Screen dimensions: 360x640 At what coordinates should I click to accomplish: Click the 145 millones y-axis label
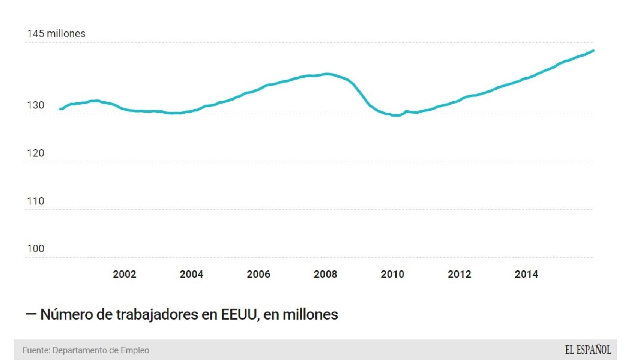(56, 34)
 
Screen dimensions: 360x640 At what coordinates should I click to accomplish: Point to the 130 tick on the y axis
(36, 105)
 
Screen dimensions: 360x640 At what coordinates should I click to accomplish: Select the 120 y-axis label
(36, 153)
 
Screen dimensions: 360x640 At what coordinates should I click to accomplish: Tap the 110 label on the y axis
(36, 201)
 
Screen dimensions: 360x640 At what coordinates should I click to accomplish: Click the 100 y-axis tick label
(36, 249)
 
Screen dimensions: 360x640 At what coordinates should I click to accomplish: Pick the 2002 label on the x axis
(125, 274)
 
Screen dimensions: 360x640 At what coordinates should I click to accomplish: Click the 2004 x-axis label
(191, 274)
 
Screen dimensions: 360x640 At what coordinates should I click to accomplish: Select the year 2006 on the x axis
(258, 274)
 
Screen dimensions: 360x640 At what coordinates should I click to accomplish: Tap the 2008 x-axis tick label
(325, 274)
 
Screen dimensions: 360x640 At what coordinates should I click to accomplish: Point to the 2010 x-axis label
(392, 274)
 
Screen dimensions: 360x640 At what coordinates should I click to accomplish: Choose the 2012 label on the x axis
(459, 274)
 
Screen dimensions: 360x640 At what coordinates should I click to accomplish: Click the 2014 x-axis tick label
(526, 274)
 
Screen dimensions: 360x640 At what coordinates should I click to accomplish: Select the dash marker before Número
(31, 314)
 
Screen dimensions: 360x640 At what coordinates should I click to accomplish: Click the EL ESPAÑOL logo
(588, 350)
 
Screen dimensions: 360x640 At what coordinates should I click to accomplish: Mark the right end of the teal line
(593, 51)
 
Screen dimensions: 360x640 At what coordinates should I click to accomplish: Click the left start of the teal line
(60, 109)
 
